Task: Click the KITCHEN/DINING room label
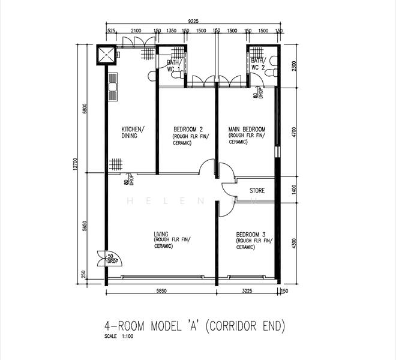(133, 133)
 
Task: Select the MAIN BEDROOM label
(247, 130)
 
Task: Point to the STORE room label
(257, 191)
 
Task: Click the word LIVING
(161, 234)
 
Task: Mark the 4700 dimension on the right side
(294, 132)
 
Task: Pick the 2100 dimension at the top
(136, 31)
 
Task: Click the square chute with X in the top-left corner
(106, 55)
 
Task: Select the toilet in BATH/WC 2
(273, 61)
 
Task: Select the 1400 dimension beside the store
(294, 190)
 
